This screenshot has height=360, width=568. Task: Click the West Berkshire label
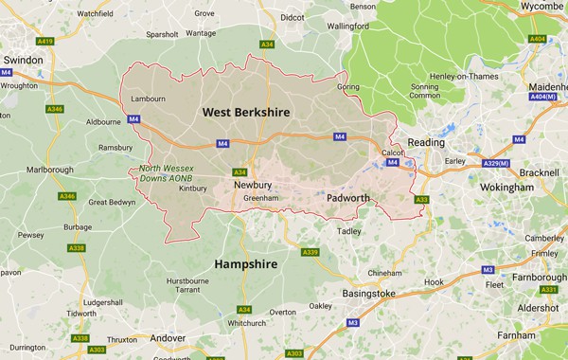click(246, 113)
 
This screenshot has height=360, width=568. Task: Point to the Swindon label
click(23, 59)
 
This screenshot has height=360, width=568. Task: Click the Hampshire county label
click(246, 264)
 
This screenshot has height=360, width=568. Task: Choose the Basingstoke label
click(368, 294)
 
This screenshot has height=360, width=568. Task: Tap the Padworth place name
click(355, 198)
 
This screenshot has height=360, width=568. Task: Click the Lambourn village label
click(148, 99)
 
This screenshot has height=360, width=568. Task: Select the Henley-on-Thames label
click(436, 76)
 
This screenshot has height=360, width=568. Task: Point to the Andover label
click(169, 338)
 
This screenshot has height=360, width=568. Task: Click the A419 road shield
click(44, 42)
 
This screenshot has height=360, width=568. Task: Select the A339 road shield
click(310, 252)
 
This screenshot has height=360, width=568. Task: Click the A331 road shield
click(547, 290)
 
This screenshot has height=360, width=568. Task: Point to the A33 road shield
click(421, 199)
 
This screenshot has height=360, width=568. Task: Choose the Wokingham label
click(506, 188)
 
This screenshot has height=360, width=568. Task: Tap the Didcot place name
click(292, 17)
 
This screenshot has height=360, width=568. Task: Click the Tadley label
click(350, 230)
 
